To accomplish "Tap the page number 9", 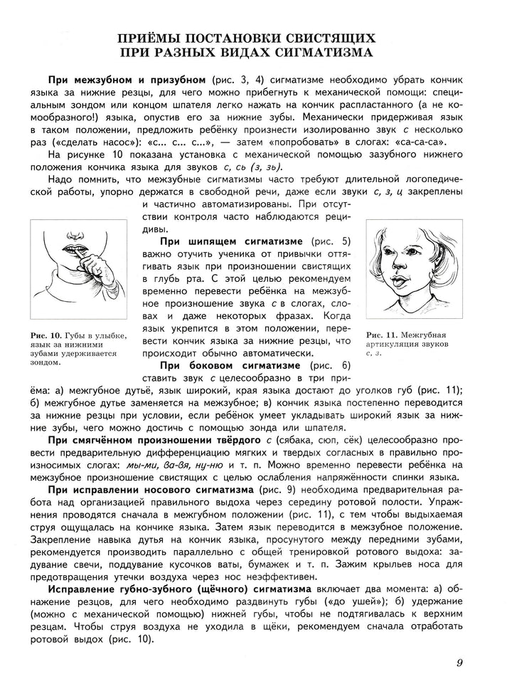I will point(460,663).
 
